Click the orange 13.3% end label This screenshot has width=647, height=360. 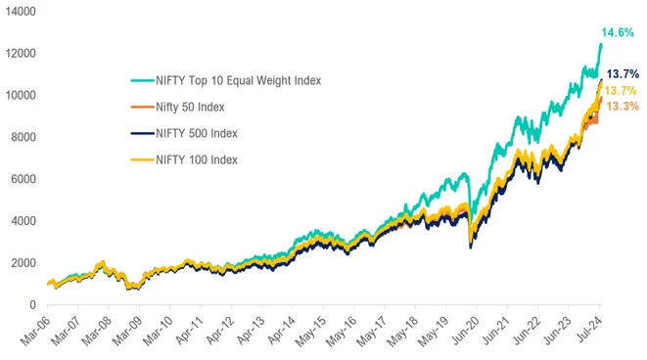click(x=624, y=106)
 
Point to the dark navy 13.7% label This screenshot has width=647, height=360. click(x=624, y=74)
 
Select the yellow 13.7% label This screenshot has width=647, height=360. click(x=624, y=90)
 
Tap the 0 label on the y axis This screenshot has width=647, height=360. click(x=31, y=305)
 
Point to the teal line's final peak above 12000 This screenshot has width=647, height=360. click(x=600, y=44)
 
